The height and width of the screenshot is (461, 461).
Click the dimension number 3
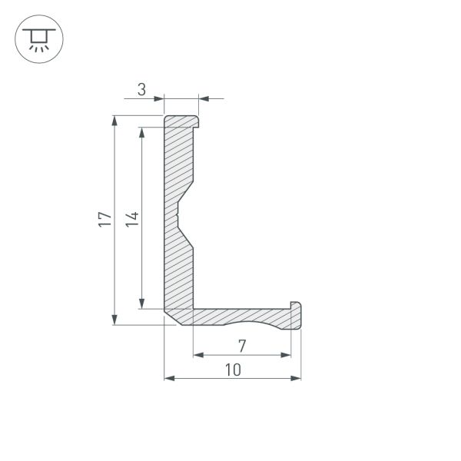[141, 90]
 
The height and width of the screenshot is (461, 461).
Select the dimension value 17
[105, 219]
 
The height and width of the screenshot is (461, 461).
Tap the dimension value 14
[132, 219]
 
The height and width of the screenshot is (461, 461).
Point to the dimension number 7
[242, 346]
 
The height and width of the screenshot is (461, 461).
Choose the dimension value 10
[233, 370]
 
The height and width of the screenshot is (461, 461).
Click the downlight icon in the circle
[39, 39]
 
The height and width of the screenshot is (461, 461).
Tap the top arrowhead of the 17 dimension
[114, 121]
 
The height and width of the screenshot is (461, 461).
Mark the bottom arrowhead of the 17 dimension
[114, 320]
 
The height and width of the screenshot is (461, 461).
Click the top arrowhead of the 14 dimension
[142, 133]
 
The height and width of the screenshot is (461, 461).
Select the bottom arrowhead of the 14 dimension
[142, 303]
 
